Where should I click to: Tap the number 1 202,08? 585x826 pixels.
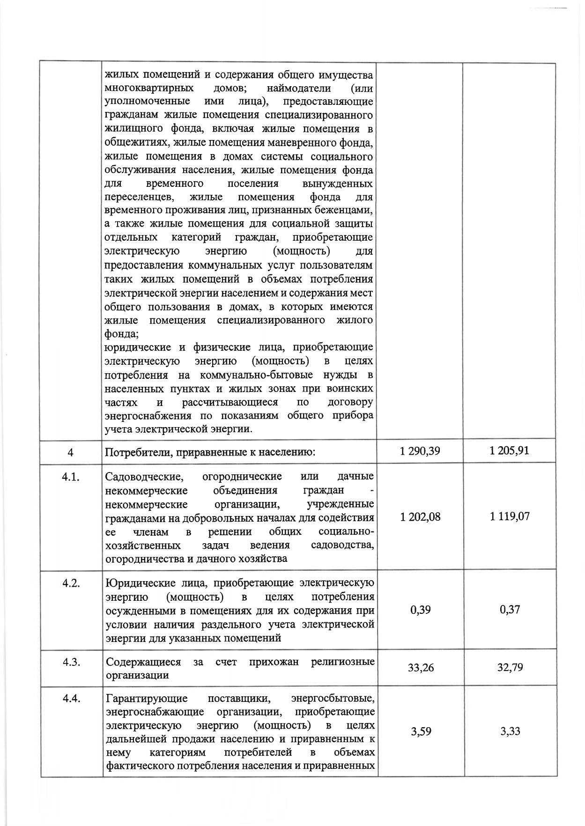click(421, 517)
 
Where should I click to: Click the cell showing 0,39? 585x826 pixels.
click(421, 610)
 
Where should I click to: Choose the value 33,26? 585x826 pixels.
click(421, 667)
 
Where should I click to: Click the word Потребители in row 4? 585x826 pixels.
click(133, 452)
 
